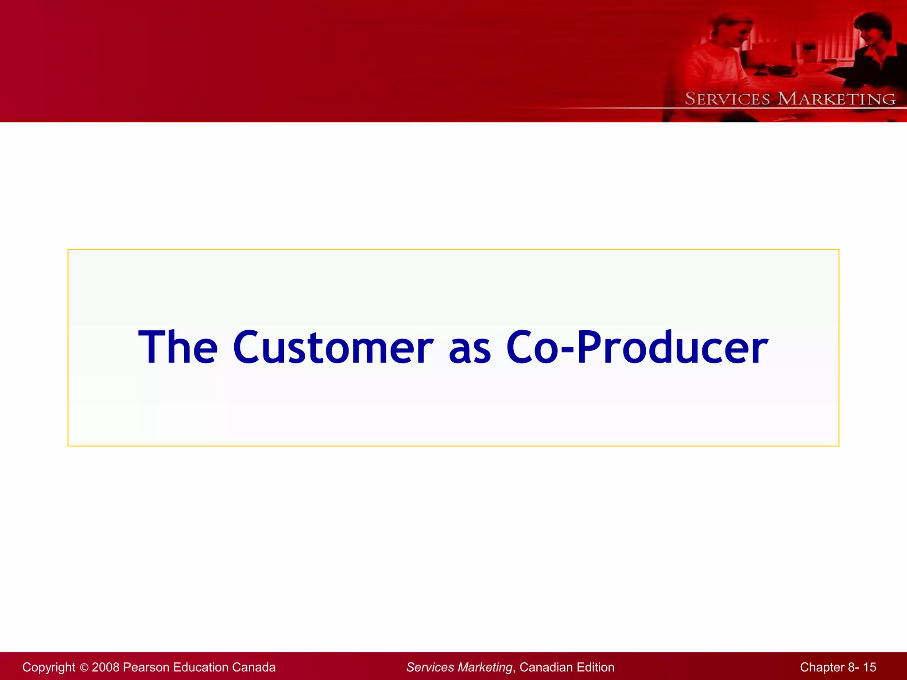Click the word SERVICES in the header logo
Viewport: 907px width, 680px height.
727,99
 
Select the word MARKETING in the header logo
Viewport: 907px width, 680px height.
837,99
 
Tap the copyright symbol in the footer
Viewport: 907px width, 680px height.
84,668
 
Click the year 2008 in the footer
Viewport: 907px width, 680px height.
105,667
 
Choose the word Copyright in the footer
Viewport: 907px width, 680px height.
49,667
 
